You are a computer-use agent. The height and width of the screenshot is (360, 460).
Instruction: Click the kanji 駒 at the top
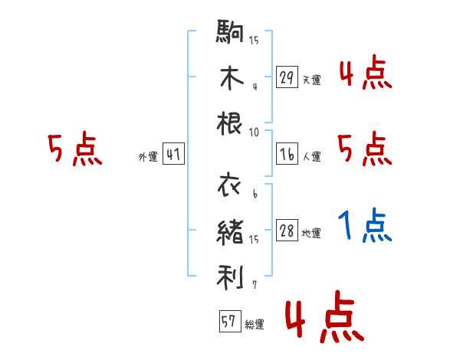coord(230,31)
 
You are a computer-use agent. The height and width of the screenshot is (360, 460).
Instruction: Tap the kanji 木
coord(232,77)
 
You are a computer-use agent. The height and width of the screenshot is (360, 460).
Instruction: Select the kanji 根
coord(229,123)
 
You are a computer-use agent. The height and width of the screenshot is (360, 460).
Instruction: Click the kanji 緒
coord(230,233)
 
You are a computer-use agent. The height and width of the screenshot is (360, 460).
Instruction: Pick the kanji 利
coord(230,277)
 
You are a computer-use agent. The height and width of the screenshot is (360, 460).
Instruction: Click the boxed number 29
coord(287,77)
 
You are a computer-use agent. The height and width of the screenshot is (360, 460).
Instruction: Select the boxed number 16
coord(287,154)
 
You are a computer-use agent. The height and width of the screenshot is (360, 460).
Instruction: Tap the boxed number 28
coord(287,230)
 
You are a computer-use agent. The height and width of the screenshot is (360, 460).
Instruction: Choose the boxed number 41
coord(173,154)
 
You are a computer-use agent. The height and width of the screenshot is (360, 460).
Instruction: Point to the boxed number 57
coord(230,321)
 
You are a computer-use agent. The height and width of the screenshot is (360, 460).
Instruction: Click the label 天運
coord(312,80)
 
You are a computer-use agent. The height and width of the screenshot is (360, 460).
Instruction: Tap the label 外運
coord(148,156)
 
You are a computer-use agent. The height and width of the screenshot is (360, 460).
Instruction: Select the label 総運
coord(255,324)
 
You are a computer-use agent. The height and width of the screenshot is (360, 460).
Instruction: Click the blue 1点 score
coord(365,225)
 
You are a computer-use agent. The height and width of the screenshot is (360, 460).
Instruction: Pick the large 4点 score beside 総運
coord(325,316)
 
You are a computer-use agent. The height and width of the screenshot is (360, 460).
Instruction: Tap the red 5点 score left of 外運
coord(75,149)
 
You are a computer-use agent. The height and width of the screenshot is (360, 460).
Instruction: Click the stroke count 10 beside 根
coord(254,133)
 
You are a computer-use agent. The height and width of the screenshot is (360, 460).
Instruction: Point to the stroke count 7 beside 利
coord(255,285)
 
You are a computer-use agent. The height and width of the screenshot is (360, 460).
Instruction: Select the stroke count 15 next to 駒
coord(254,40)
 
